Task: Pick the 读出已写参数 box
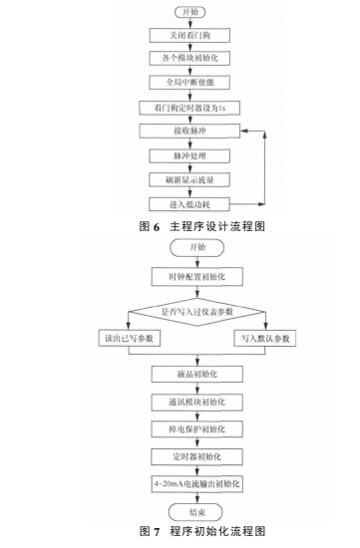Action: (107, 340)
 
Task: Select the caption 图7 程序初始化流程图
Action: (180, 535)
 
